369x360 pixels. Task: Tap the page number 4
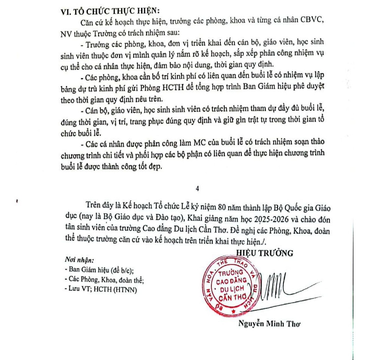[198, 189]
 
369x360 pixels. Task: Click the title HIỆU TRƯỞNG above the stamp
[265, 253]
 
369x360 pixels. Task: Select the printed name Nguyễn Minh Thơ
[269, 324]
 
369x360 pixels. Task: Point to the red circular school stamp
[232, 285]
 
